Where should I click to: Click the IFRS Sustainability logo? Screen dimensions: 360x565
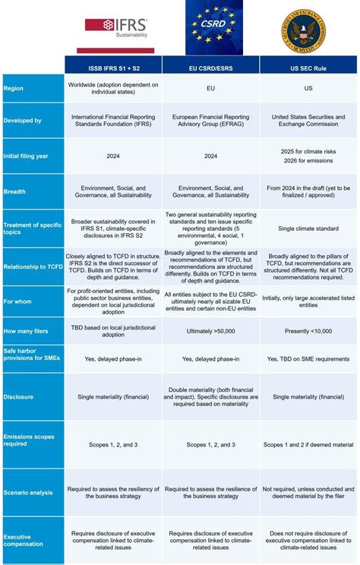point(116,28)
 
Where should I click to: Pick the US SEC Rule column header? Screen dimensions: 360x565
point(308,64)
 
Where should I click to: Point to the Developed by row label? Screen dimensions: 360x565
point(23,120)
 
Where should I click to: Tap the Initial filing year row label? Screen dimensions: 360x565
point(26,156)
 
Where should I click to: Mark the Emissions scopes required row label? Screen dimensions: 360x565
point(28,440)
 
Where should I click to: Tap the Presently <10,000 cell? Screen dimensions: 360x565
point(308,332)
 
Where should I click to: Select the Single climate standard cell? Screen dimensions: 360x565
point(308,228)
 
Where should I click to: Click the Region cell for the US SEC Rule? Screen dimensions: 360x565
point(308,88)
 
